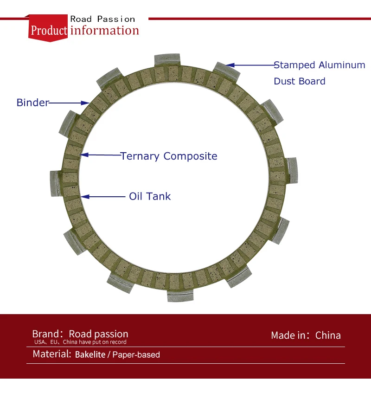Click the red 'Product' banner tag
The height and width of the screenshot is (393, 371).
tap(49, 31)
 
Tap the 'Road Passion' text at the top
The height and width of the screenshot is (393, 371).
tap(102, 19)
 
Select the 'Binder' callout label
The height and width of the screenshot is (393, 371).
tap(32, 103)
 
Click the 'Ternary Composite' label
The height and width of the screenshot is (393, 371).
tap(169, 156)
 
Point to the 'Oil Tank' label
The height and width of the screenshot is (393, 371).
tap(150, 196)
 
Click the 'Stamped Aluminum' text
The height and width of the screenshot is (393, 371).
tap(320, 65)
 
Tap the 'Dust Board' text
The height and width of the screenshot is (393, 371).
tap(300, 81)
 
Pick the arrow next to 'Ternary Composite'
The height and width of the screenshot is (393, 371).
tap(100, 155)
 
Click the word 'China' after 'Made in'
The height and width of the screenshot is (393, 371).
tap(328, 335)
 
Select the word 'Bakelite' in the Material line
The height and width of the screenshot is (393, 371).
tap(90, 355)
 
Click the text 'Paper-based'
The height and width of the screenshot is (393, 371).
tap(136, 355)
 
